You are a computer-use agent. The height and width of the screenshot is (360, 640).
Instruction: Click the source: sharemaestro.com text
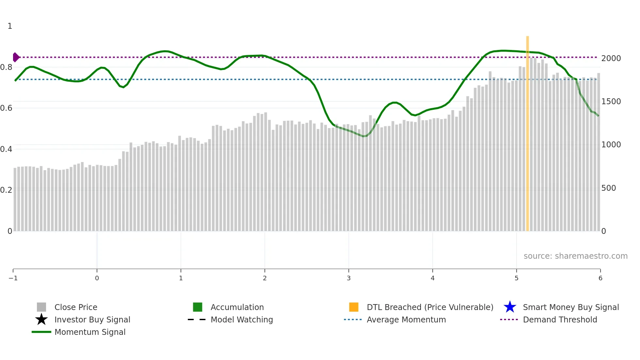tap(575, 256)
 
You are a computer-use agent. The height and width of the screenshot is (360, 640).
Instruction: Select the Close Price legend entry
tap(76, 307)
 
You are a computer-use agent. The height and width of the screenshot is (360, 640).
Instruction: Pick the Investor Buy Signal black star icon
tap(41, 319)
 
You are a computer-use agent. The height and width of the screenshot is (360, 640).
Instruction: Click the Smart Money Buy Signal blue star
tap(510, 307)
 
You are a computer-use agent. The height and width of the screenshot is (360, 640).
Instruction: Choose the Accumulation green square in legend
tap(198, 307)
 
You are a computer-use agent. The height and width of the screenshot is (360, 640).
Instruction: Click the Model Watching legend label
tap(242, 320)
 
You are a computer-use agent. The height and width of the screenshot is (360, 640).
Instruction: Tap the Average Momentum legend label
tap(406, 320)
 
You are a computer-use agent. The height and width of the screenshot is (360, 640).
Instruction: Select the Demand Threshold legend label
tap(560, 320)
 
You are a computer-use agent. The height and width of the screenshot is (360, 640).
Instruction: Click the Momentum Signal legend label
tap(90, 332)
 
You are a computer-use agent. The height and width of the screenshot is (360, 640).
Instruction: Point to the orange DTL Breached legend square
tap(354, 307)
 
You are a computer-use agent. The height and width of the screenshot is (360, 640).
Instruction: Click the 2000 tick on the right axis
tap(611, 58)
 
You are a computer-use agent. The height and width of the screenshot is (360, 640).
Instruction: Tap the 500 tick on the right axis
tap(608, 188)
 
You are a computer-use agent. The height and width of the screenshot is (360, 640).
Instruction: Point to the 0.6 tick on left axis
tap(7, 108)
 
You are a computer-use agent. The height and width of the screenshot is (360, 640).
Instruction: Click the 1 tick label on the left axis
tap(10, 26)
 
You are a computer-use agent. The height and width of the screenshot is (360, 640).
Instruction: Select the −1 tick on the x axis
tap(13, 278)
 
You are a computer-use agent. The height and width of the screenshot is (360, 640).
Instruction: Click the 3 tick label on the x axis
tap(349, 278)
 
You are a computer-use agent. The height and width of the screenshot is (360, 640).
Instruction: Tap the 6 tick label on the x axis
tap(600, 278)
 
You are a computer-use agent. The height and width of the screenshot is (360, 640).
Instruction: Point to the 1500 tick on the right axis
tap(611, 102)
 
